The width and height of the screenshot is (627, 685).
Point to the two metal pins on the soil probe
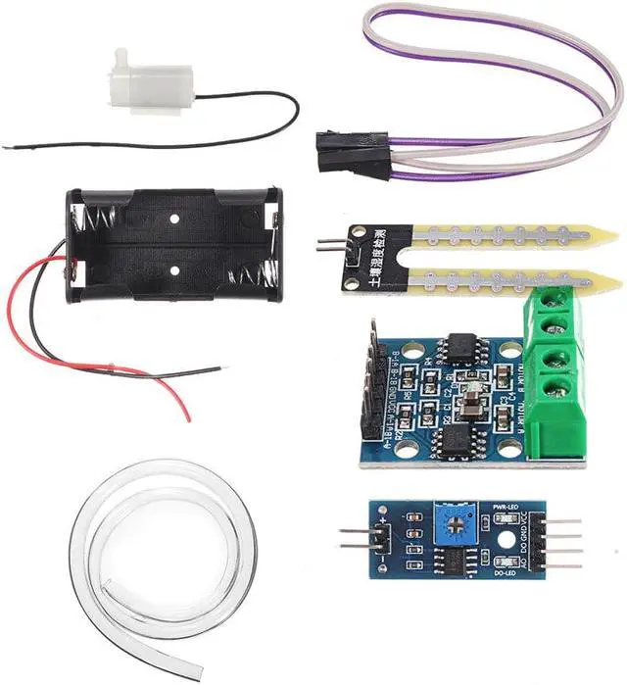pyautogui.click(x=323, y=252)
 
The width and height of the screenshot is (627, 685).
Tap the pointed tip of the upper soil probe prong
pyautogui.click(x=611, y=236)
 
